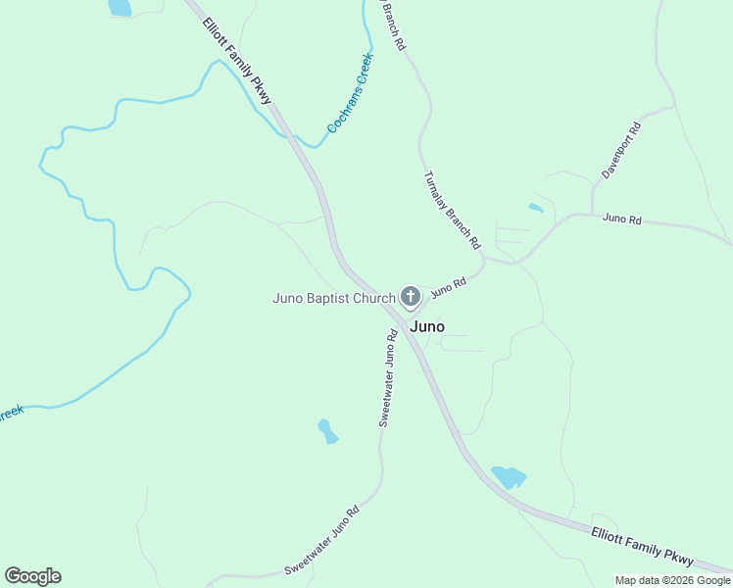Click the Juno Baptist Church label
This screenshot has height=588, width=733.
click(333, 297)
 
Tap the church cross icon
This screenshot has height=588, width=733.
click(410, 296)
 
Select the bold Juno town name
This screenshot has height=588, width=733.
click(426, 326)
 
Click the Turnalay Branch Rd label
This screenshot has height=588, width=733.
click(452, 209)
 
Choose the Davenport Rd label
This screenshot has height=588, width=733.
click(621, 150)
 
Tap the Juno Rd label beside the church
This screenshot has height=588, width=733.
click(449, 287)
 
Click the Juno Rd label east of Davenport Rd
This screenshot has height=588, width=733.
click(622, 220)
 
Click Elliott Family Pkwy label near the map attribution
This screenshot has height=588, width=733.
click(642, 546)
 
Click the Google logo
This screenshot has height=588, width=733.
click(32, 576)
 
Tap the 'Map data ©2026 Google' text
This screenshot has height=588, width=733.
click(672, 580)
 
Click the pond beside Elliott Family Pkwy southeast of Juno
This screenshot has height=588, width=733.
click(508, 477)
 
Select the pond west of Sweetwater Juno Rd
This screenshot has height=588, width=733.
click(328, 430)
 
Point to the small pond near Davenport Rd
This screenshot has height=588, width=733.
click(535, 208)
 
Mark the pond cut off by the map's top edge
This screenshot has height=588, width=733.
click(119, 7)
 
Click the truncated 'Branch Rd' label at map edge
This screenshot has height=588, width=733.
click(392, 24)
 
